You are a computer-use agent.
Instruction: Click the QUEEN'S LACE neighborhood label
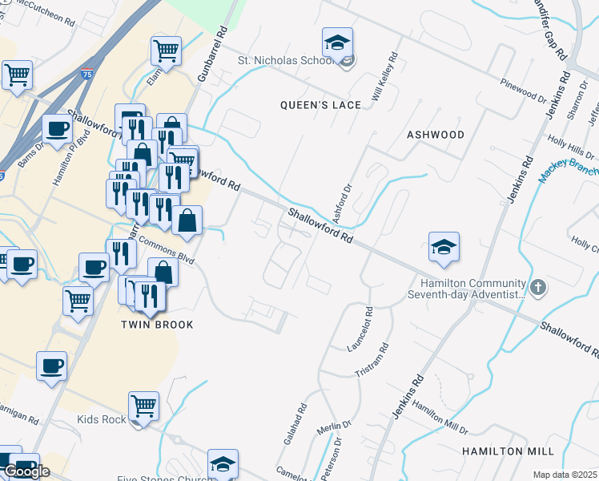tap(309, 105)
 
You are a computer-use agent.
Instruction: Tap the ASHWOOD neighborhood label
tap(436, 135)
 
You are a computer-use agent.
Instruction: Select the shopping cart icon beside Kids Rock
tap(143, 406)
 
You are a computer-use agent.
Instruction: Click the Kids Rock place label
tap(102, 419)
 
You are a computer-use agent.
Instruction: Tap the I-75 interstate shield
tap(86, 74)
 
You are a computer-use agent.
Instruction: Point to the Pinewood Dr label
tap(521, 89)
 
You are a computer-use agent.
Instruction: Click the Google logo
tap(26, 471)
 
